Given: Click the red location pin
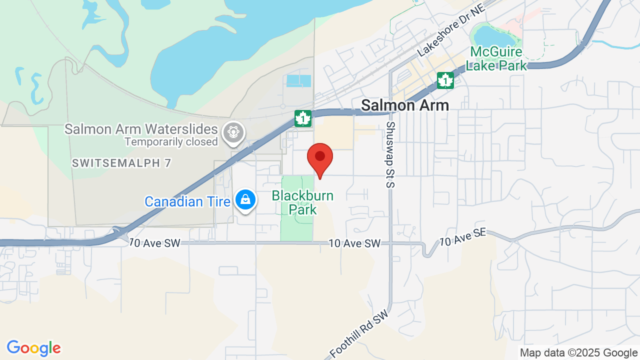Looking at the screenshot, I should coord(320,158).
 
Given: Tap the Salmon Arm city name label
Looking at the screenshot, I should coord(405,105).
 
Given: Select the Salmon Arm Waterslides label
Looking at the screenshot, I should coord(141,129).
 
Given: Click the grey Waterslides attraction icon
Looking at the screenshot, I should coord(233,132).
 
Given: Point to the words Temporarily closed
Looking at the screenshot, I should coord(171,141).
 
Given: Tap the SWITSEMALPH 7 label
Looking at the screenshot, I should coord(121,163).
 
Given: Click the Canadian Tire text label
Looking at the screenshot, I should coord(187,201).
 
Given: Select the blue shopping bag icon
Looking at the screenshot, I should coord(245,199).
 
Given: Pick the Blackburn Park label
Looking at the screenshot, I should coord(302,202).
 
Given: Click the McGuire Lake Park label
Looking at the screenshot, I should coord(496,58).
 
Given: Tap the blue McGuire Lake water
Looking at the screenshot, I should coord(493,35).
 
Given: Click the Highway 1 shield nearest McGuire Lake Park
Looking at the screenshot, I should coord(445,80).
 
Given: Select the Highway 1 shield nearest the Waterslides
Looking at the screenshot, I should coord(303,118).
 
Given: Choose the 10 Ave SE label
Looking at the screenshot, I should coord(462,237).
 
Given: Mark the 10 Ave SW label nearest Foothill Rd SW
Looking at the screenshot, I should coord(354,243).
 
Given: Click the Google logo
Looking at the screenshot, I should coord(34,348).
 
